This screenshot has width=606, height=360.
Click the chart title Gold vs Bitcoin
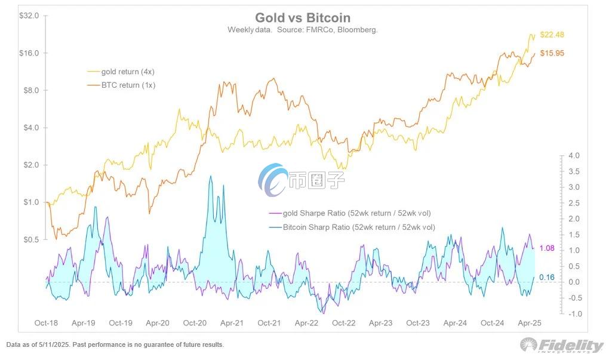pos(303,18)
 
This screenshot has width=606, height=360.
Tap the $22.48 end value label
pos(552,35)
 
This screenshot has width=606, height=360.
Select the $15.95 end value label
pos(552,53)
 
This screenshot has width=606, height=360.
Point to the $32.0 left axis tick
pos(29,16)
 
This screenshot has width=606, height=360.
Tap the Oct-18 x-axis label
pos(46,323)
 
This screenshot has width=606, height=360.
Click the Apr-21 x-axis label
pos(232,323)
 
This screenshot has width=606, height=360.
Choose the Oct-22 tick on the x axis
pos(343,323)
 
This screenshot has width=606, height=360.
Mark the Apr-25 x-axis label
pos(530,323)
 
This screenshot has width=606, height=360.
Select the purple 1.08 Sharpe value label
pos(547,248)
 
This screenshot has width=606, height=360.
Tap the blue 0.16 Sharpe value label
pos(547,277)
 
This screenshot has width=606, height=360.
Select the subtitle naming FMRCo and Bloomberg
pos(303,29)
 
